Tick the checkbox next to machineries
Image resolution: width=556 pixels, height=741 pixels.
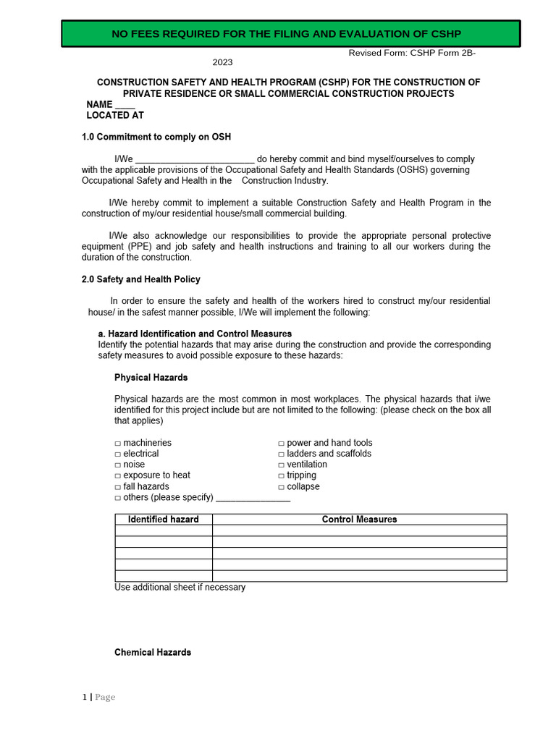click(x=118, y=443)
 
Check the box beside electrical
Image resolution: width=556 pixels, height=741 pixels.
click(x=118, y=454)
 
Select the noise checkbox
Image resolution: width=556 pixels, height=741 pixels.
click(x=118, y=465)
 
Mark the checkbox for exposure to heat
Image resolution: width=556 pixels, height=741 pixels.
click(x=118, y=475)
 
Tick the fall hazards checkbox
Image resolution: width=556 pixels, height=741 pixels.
click(x=118, y=487)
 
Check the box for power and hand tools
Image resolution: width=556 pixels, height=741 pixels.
click(x=282, y=443)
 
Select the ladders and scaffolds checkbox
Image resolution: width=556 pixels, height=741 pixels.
click(x=282, y=454)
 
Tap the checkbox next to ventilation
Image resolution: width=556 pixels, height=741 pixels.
click(x=282, y=465)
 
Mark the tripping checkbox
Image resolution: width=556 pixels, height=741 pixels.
click(x=282, y=475)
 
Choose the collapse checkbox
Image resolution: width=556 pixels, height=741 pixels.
click(x=282, y=487)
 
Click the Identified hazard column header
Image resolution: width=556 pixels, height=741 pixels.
click(x=163, y=520)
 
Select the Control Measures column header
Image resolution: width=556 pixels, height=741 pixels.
click(x=359, y=520)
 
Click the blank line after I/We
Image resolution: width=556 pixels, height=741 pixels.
click(x=195, y=160)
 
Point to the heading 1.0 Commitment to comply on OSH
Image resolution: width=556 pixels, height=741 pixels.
click(x=156, y=137)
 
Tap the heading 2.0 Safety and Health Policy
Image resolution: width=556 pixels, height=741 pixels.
click(x=141, y=279)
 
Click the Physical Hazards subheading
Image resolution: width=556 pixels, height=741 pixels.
click(x=151, y=378)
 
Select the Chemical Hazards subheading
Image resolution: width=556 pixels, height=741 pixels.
click(x=153, y=653)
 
